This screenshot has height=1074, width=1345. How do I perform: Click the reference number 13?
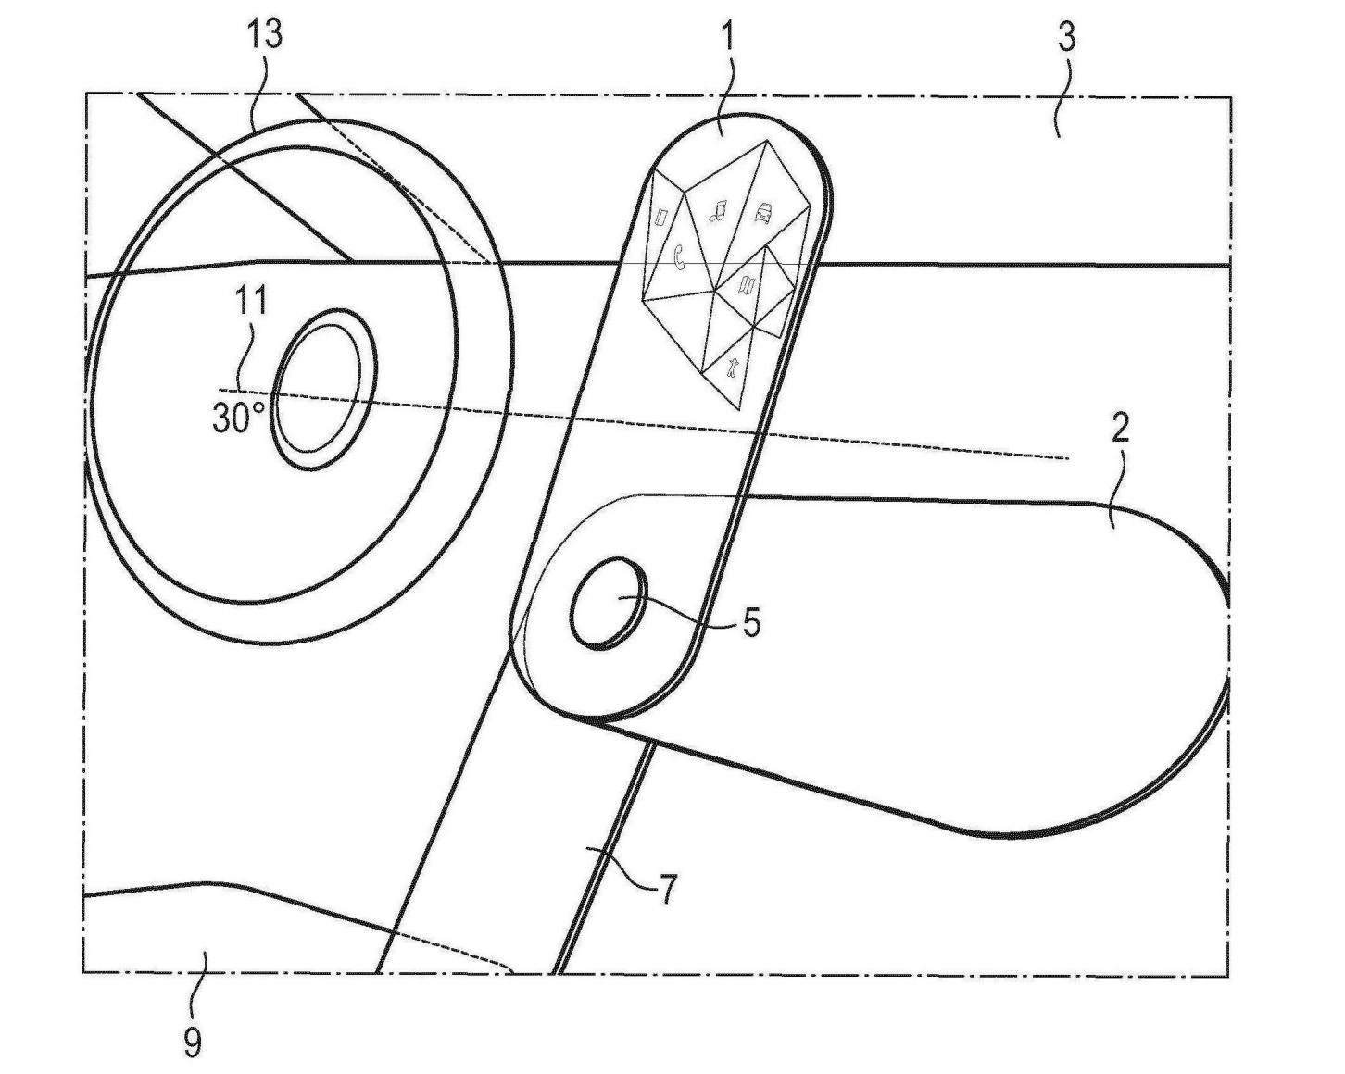265,33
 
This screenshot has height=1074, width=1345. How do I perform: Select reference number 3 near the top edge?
1066,37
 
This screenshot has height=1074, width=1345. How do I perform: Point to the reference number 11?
252,300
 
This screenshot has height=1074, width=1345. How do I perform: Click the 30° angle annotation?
239,417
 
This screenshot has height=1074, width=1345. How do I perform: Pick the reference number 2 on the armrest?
1120,429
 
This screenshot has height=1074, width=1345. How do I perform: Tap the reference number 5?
751,622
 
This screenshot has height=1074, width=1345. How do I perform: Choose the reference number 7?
668,889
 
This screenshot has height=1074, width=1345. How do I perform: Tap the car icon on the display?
763,213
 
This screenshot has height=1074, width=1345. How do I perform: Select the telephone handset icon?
680,256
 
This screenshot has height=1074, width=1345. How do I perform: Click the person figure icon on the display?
734,368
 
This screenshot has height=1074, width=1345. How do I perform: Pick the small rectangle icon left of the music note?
661,219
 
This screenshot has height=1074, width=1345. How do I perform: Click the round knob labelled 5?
609,605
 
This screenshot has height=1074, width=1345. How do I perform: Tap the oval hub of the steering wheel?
324,389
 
